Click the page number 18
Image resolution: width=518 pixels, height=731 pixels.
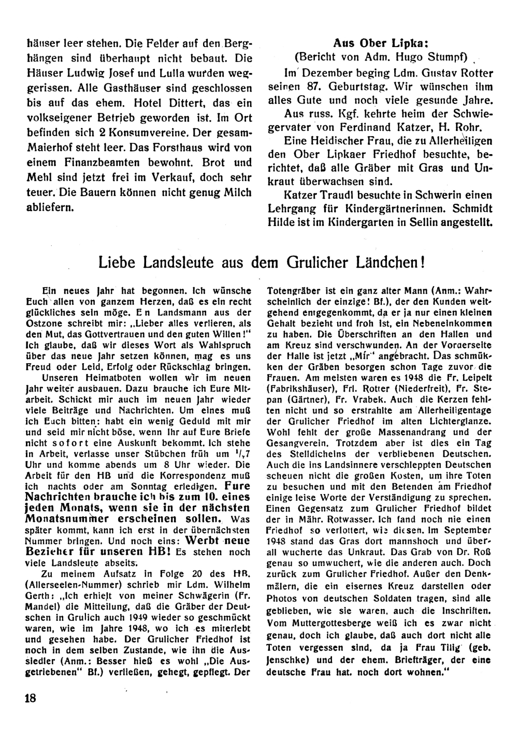point(29,698)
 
